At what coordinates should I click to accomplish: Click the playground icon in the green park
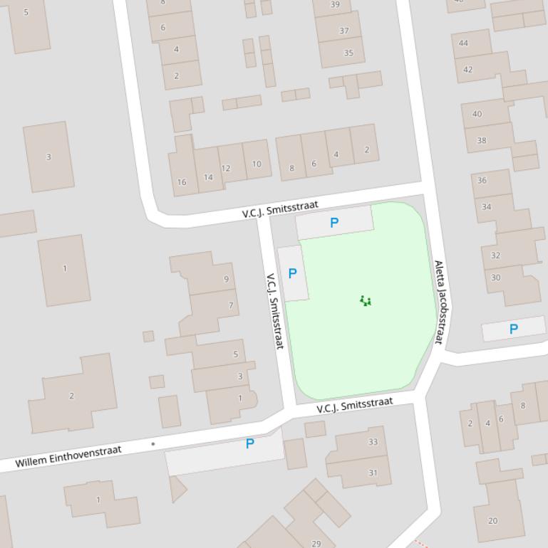[x=366, y=301]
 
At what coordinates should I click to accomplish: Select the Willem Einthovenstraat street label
[x=68, y=456]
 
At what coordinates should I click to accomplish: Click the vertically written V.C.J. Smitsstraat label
[x=275, y=311]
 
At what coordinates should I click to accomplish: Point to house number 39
[x=336, y=4]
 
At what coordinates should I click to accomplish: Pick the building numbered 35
[x=348, y=53]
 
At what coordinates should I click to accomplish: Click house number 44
[x=464, y=43]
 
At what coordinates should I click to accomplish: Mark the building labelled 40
[x=477, y=114]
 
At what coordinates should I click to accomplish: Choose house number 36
[x=482, y=180]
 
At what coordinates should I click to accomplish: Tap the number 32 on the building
[x=495, y=255]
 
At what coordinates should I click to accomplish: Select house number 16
[x=182, y=182]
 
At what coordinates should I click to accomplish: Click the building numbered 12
[x=226, y=169]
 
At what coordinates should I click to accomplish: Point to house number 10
[x=257, y=164]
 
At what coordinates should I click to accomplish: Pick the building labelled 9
[x=227, y=279]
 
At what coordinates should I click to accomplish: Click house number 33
[x=373, y=442]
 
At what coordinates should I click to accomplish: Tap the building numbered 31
[x=373, y=473]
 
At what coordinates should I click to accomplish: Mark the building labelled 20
[x=492, y=521]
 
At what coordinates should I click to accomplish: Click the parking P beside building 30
[x=513, y=329]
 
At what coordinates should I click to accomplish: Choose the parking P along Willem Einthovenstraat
[x=249, y=444]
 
